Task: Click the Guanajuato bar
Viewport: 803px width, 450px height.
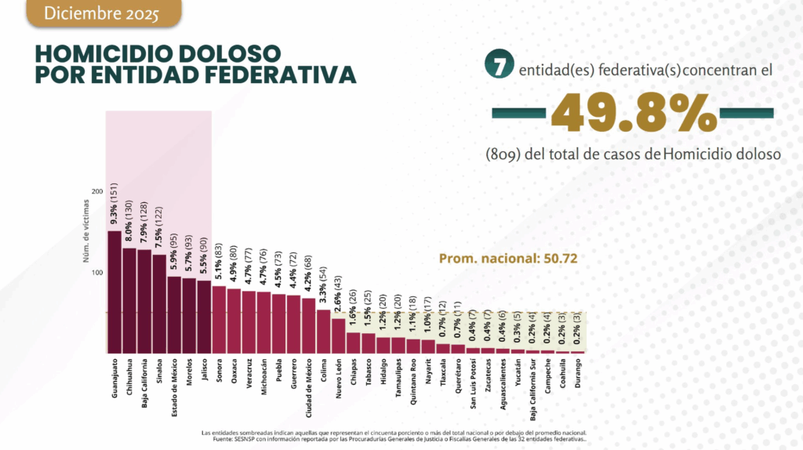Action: pos(114,292)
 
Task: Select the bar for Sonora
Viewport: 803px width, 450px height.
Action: pos(219,319)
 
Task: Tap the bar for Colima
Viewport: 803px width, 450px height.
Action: pos(323,331)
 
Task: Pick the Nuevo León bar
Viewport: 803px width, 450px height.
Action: pos(338,336)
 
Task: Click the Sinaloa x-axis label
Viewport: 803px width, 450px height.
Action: pos(159,376)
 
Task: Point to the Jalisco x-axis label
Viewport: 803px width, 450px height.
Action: pos(204,373)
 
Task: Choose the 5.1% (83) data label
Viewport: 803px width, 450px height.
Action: pos(219,259)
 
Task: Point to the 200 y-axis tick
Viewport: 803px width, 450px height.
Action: pos(97,191)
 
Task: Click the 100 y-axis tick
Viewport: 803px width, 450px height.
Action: pos(97,273)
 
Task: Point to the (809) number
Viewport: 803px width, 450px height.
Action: pos(503,154)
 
